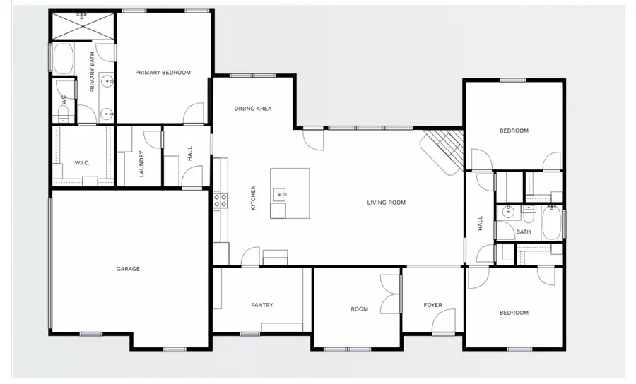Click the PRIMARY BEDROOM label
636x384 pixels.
pos(163,72)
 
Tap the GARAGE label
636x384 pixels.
pos(128,269)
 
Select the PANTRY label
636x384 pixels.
pos(261,305)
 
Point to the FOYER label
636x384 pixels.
pos(432,305)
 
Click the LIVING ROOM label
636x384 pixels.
pos(386,203)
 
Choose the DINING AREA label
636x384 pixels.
pos(253,109)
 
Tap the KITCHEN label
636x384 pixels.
pos(253,198)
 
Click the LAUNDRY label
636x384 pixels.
pos(142,163)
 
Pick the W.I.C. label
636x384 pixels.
pos(82,163)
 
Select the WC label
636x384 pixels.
pos(64,101)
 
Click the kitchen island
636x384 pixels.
pos(290,193)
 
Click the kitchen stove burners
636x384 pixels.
pos(220,200)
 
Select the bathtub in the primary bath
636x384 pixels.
pos(64,58)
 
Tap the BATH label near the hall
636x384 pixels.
pos(523,232)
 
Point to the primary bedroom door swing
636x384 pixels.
pos(193,112)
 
